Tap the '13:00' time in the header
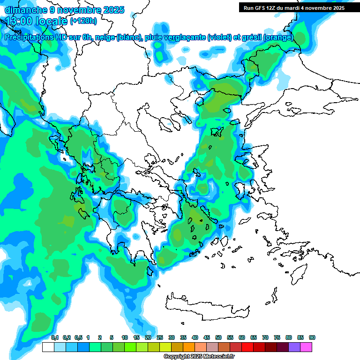(18, 21)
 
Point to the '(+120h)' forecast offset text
(83, 21)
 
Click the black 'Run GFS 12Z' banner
(293, 8)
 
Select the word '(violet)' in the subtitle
(219, 37)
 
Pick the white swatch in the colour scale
(48, 347)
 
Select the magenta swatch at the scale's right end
(306, 347)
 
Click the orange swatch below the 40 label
(189, 347)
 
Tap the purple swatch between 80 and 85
(294, 347)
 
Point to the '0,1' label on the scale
(54, 338)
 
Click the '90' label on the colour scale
(312, 338)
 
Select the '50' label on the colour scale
(218, 338)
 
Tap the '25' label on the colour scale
(160, 338)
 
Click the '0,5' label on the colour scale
(78, 338)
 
